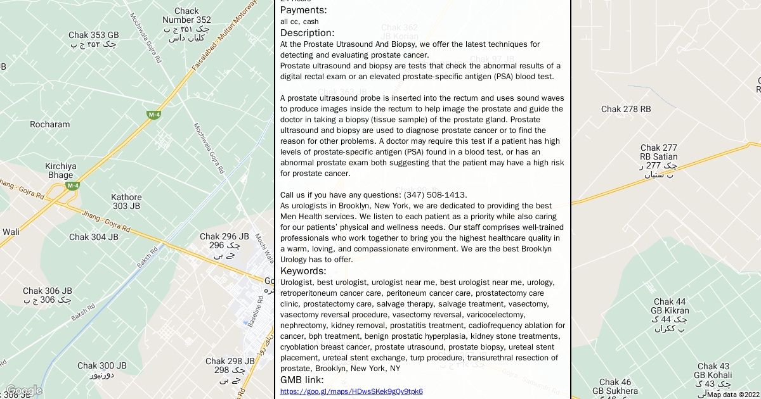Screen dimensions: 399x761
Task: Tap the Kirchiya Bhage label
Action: click(x=61, y=170)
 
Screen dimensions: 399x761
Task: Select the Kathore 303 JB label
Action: click(x=126, y=201)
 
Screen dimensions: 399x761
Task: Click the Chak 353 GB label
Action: click(x=94, y=35)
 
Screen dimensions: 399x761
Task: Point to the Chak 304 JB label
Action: click(x=94, y=237)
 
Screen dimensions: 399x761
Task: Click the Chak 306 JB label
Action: click(x=48, y=291)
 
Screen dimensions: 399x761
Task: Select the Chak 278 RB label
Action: click(x=626, y=110)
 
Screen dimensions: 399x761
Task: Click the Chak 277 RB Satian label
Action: click(x=659, y=153)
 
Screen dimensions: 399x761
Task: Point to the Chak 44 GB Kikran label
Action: click(x=670, y=307)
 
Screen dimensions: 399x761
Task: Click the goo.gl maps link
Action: click(x=351, y=391)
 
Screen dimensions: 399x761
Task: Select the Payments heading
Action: click(x=304, y=10)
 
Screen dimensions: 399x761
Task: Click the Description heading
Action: click(x=307, y=33)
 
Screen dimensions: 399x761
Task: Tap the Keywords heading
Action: click(x=303, y=271)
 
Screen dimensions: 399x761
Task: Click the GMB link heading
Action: click(x=302, y=380)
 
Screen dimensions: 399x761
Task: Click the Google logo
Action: click(x=23, y=390)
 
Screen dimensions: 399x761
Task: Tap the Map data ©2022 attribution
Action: click(x=734, y=395)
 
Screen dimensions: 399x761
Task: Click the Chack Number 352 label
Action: click(x=186, y=15)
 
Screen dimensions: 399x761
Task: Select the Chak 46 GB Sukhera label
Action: click(x=615, y=386)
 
